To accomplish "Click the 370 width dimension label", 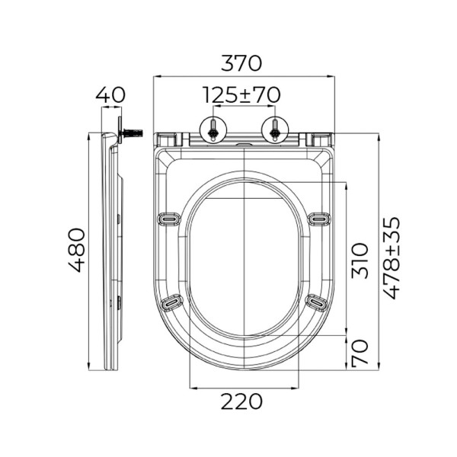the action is coord(241,63).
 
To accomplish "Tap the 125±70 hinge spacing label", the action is coord(241,95).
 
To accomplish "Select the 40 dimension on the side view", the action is coord(110,94).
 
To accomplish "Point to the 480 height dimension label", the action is coord(77,250).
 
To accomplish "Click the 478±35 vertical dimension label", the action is coord(391,257).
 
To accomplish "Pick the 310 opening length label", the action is coord(360,260).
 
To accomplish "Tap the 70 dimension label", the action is coord(360,353).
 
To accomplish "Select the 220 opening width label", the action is coord(241,401).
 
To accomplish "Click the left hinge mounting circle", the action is coord(213,129).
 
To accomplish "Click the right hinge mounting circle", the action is coord(275,129).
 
